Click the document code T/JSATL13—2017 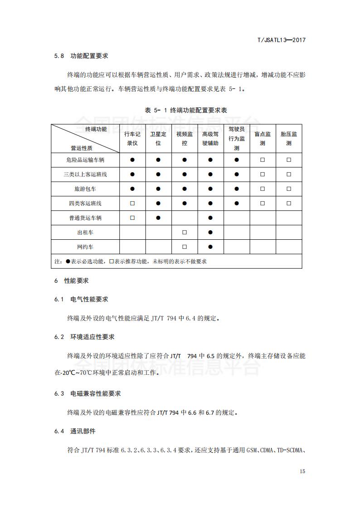click(x=281, y=40)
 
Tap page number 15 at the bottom click(x=302, y=471)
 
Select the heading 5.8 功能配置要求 click(x=81, y=56)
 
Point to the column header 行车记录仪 click(x=132, y=138)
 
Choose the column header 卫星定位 click(x=158, y=138)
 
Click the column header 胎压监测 click(x=289, y=138)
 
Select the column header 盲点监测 click(x=263, y=138)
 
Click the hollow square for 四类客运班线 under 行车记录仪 click(x=132, y=204)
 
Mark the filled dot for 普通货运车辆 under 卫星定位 click(x=158, y=218)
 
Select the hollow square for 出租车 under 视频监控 click(x=185, y=233)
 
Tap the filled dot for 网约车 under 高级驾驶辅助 click(x=210, y=247)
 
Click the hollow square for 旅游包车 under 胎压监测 click(x=289, y=189)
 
